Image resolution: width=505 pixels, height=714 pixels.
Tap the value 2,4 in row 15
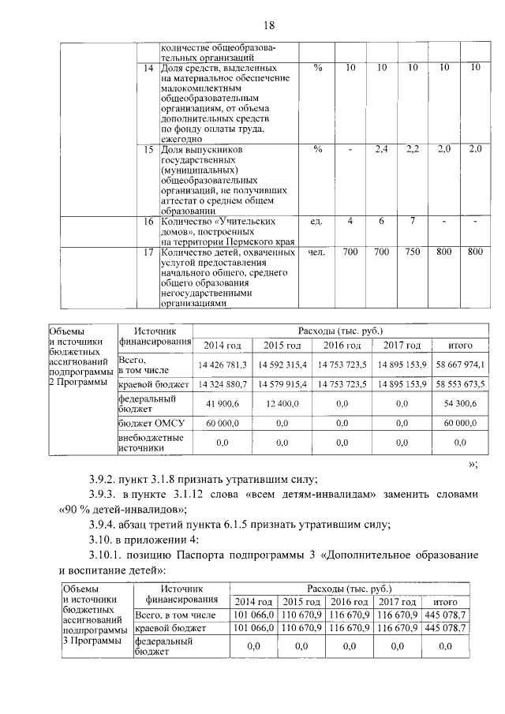[381, 149]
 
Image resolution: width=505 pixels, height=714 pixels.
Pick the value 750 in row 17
[412, 252]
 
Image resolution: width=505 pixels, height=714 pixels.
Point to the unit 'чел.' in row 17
[317, 252]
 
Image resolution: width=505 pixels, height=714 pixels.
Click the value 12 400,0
[282, 403]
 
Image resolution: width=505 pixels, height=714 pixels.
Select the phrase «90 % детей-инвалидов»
[120, 510]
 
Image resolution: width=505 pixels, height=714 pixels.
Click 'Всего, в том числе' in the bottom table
[175, 614]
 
